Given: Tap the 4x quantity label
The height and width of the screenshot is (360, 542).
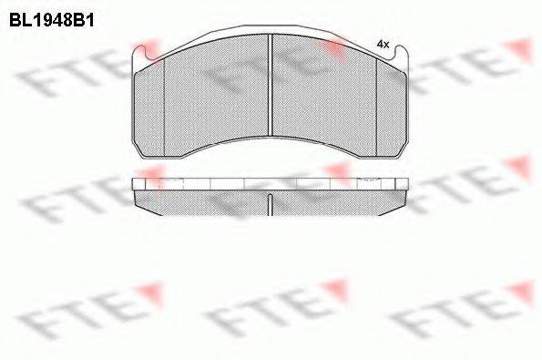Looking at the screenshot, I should [x=383, y=44].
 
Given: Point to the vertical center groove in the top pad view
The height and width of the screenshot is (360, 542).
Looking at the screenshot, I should [x=271, y=87].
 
